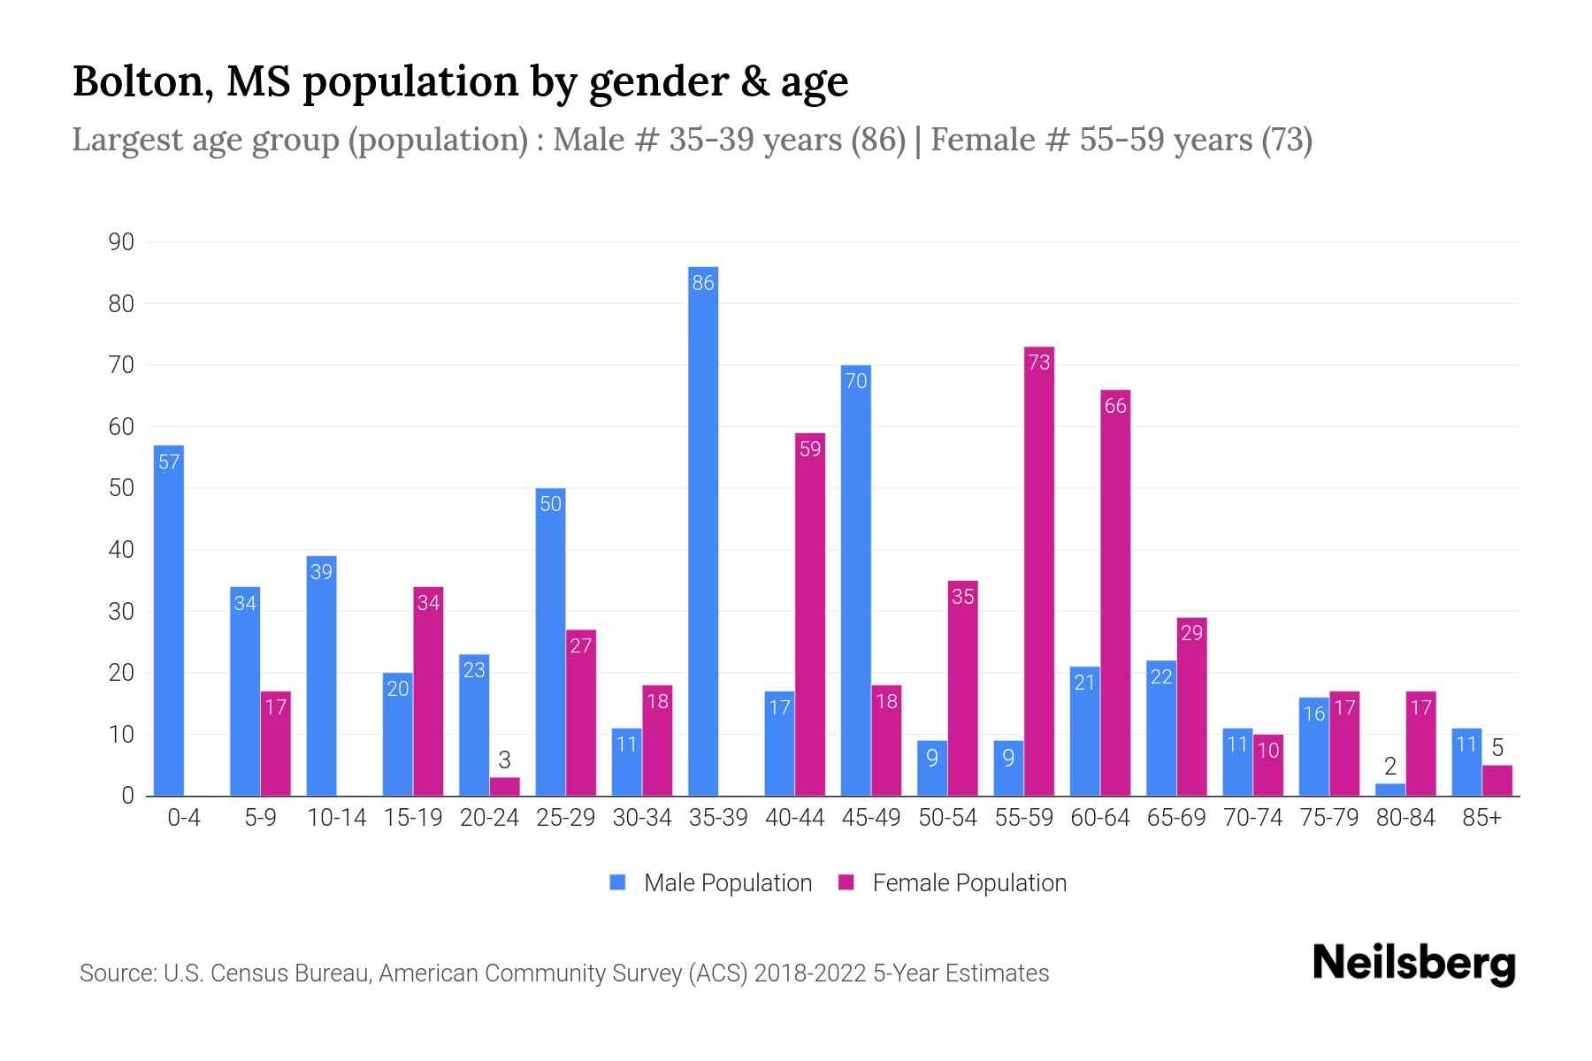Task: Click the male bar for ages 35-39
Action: pyautogui.click(x=703, y=530)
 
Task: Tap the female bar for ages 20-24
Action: pyautogui.click(x=504, y=786)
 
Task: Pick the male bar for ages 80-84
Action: pyautogui.click(x=1390, y=790)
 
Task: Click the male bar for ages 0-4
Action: pyautogui.click(x=169, y=620)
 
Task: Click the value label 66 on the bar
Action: pyautogui.click(x=1115, y=406)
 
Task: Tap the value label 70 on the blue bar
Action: pyautogui.click(x=856, y=381)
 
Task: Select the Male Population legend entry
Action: pyautogui.click(x=711, y=883)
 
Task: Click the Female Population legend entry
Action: pyautogui.click(x=953, y=883)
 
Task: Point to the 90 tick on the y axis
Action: pyautogui.click(x=121, y=242)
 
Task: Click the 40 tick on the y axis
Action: pyautogui.click(x=121, y=550)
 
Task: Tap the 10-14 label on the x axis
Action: pyautogui.click(x=336, y=818)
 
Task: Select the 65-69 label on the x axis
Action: pyautogui.click(x=1176, y=818)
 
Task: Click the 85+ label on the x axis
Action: pyautogui.click(x=1481, y=818)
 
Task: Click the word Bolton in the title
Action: pyautogui.click(x=141, y=81)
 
